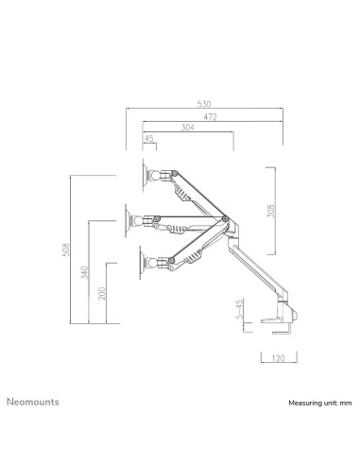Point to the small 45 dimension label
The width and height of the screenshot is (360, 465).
pos(149,140)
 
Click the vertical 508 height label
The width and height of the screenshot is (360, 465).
pos(67,250)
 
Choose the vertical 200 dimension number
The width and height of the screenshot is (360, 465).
pos(102,293)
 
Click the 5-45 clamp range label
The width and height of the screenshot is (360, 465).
pos(240,307)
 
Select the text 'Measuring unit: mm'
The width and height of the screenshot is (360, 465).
pos(320,404)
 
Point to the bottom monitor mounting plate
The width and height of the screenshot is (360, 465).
pos(144,261)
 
